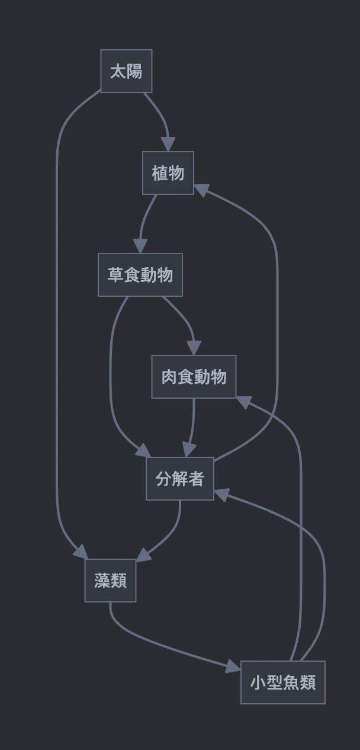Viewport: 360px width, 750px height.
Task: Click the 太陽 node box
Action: click(126, 71)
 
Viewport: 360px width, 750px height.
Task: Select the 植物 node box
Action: click(168, 173)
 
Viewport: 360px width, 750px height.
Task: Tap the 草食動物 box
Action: click(140, 275)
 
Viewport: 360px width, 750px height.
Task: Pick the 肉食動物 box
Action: click(194, 377)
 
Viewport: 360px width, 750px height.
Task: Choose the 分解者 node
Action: click(180, 479)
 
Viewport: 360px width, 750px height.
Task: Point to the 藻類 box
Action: click(110, 581)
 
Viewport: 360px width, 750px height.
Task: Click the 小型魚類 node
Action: click(282, 682)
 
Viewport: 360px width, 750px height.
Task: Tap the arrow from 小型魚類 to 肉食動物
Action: click(301, 533)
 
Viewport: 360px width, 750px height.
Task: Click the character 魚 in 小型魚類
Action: click(291, 682)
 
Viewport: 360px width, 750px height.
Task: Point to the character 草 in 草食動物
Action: click(115, 275)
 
